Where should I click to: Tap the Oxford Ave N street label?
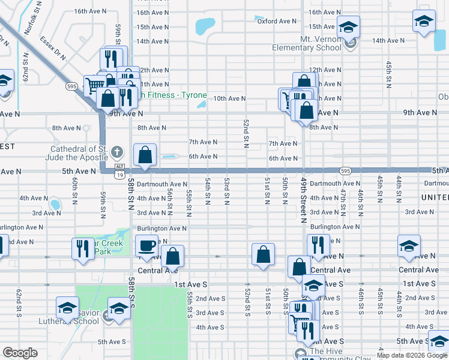[x=277, y=21]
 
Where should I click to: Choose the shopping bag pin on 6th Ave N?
[x=145, y=155]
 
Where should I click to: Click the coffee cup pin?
[x=147, y=246]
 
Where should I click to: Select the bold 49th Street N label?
[x=304, y=201]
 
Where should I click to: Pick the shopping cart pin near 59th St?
[x=94, y=86]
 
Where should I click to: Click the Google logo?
[x=20, y=353]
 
